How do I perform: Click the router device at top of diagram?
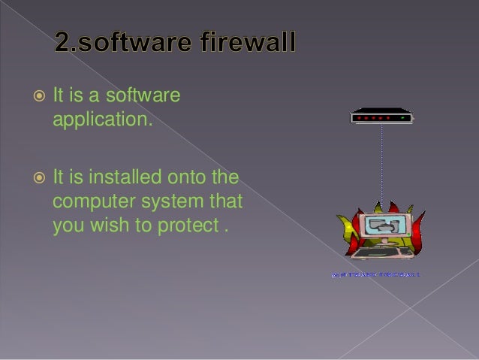tap(381, 117)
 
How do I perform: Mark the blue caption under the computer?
tap(375, 275)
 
